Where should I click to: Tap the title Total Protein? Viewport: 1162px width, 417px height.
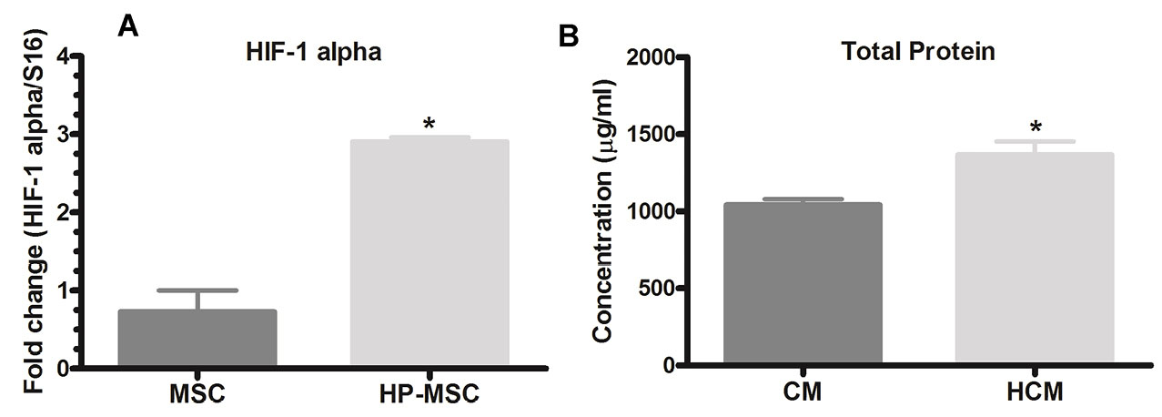coord(918,52)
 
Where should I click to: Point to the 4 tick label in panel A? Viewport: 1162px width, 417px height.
coord(62,56)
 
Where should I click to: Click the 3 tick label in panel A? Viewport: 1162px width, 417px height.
coord(62,135)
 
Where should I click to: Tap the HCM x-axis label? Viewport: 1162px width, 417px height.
coord(1035,397)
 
